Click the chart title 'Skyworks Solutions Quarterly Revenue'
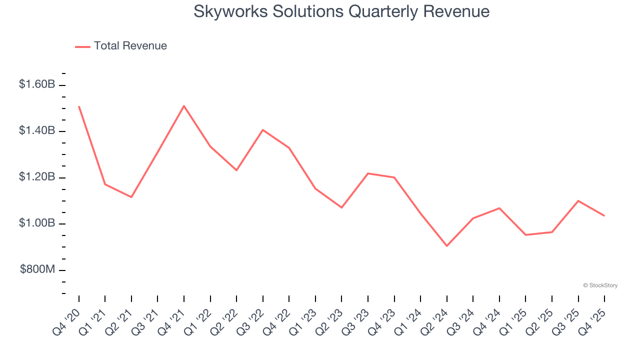pyautogui.click(x=341, y=11)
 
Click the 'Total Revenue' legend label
pyautogui.click(x=130, y=46)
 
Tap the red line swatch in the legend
pyautogui.click(x=82, y=46)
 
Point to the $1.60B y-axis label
pyautogui.click(x=37, y=84)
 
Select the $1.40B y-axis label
pyautogui.click(x=37, y=130)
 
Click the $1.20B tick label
pyautogui.click(x=37, y=177)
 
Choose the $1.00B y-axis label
pyautogui.click(x=37, y=223)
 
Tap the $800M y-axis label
pyautogui.click(x=37, y=269)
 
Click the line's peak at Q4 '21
pyautogui.click(x=184, y=105)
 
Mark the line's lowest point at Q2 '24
pyautogui.click(x=446, y=246)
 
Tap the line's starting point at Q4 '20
pyautogui.click(x=79, y=106)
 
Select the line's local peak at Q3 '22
pyautogui.click(x=263, y=129)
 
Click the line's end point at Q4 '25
pyautogui.click(x=604, y=215)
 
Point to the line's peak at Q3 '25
pyautogui.click(x=578, y=200)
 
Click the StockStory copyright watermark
pyautogui.click(x=600, y=285)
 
